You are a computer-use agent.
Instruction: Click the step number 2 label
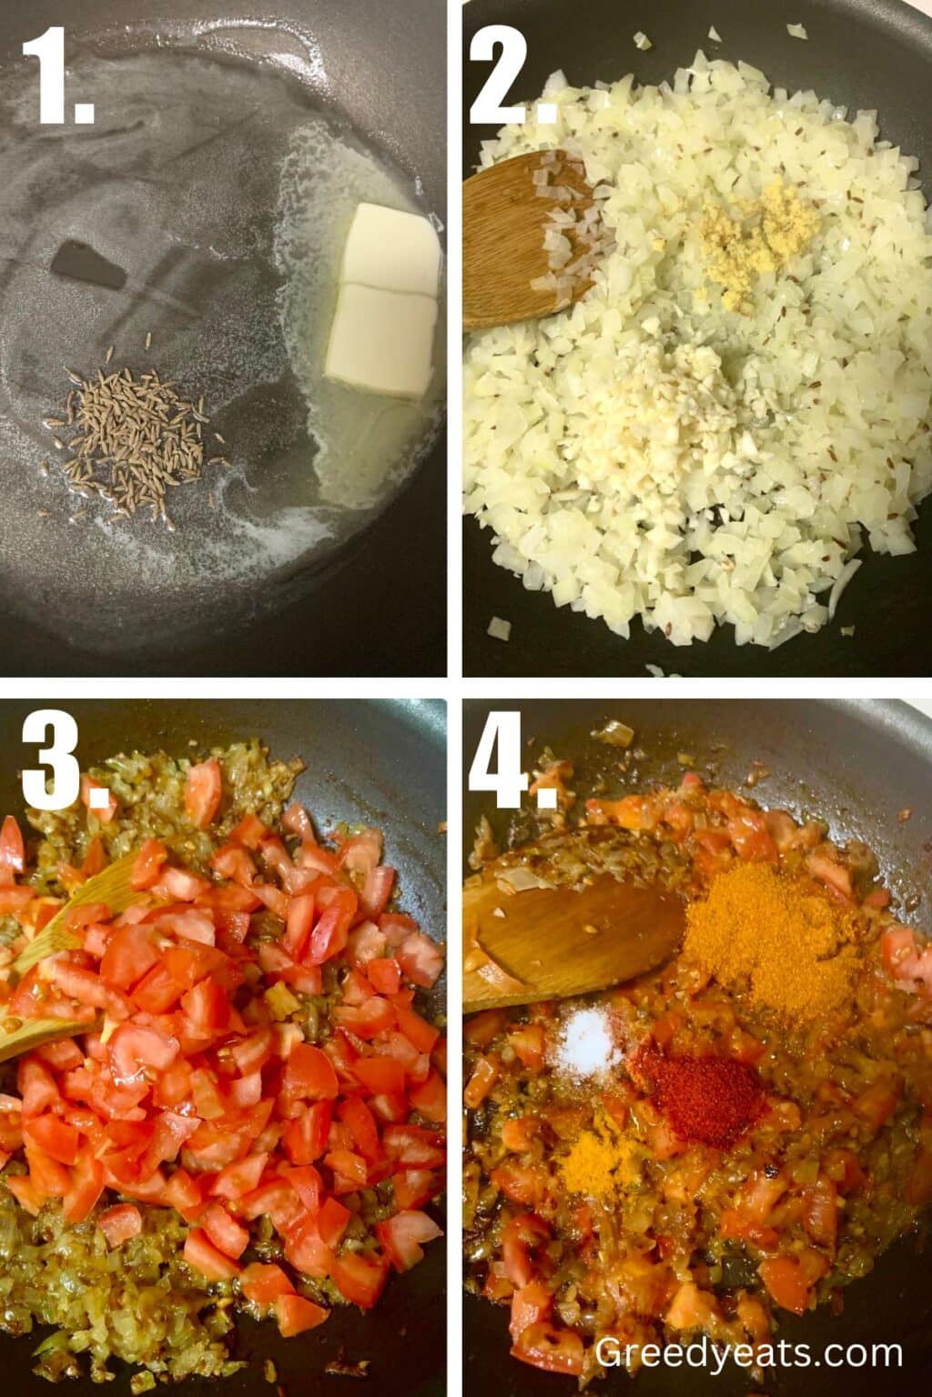point(510,76)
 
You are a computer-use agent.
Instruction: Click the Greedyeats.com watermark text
point(748,1352)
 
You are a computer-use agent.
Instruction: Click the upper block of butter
point(395,248)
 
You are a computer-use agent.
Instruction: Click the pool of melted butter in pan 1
point(364,437)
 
